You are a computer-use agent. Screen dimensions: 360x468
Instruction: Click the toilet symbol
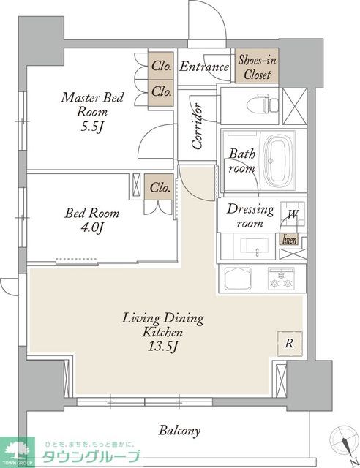pos(263,104)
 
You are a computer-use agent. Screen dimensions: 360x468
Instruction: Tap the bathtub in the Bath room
pos(278,161)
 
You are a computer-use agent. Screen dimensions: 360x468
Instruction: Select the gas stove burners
pos(281,279)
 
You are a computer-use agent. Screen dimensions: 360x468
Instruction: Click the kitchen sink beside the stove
pos(238,278)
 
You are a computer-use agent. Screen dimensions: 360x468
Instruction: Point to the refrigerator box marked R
pos(289,343)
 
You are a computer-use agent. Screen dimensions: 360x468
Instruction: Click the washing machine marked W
pos(293,214)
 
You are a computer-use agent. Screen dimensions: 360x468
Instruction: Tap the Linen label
pos(290,240)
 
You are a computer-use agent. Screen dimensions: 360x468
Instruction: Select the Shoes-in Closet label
pos(257,67)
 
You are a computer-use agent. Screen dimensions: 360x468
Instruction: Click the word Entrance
pos(204,67)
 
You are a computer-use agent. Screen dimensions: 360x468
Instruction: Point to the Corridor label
pos(198,126)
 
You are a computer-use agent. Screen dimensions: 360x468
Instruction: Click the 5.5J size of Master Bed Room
pos(92,127)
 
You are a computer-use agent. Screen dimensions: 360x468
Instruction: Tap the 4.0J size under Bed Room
pos(92,227)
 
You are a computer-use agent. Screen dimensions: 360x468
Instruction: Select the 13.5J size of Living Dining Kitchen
pos(163,347)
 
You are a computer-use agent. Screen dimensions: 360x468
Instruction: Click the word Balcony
pos(179,431)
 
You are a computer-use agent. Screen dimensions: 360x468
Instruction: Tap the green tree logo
pos(18,451)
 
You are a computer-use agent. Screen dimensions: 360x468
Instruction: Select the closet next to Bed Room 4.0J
pos(159,187)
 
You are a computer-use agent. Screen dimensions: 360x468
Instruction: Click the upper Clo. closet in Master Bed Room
pos(161,66)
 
